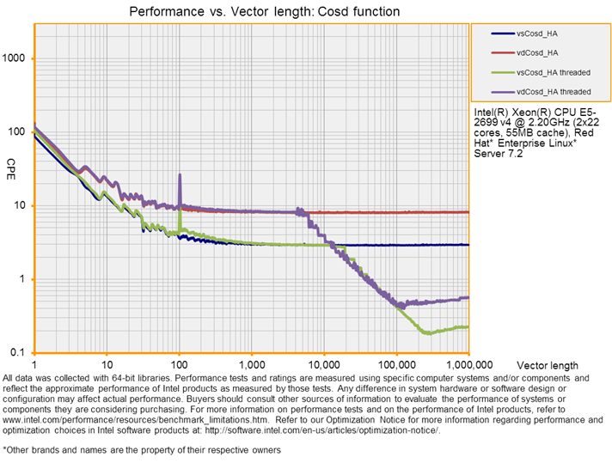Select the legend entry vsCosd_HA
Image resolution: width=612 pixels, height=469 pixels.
pos(534,33)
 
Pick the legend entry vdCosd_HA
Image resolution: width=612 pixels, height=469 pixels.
pos(534,52)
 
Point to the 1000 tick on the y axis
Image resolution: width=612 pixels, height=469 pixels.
pos(17,58)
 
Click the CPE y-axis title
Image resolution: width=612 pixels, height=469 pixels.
pos(11,163)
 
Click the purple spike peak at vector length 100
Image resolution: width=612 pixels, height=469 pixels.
pos(180,175)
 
